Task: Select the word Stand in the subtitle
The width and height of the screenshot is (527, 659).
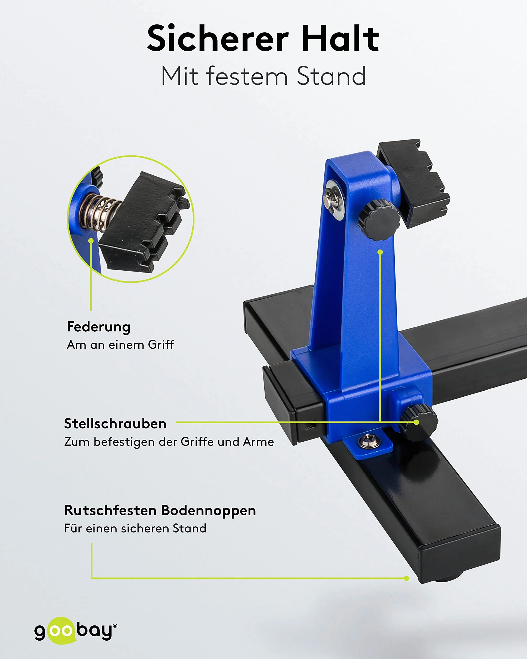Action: [331, 76]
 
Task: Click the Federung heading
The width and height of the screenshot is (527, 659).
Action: [99, 327]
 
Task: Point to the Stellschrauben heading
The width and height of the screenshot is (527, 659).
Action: [115, 424]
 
